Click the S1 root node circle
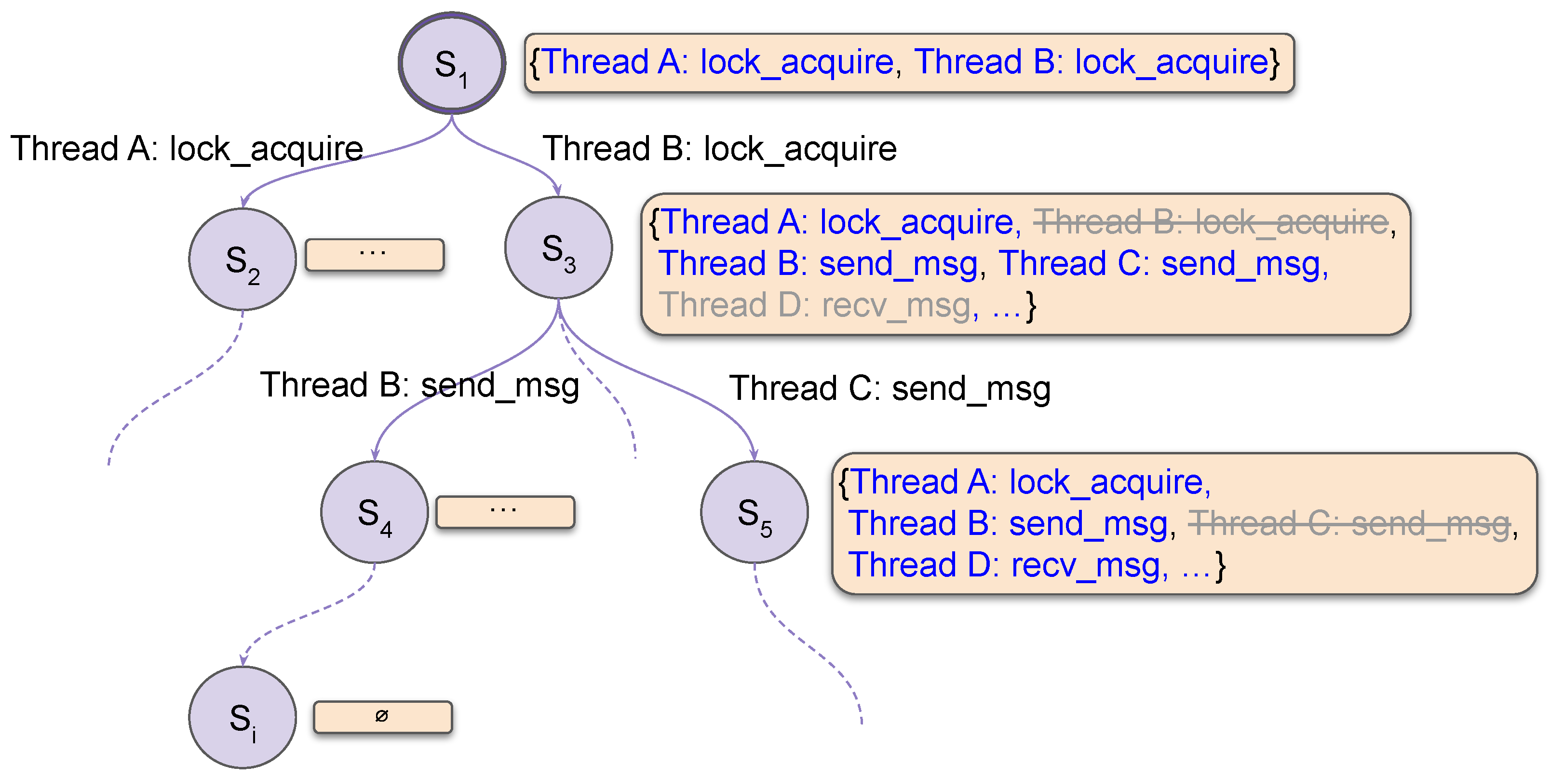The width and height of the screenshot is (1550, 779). (452, 63)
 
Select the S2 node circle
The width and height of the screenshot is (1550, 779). (243, 260)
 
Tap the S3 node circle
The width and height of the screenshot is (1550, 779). (558, 247)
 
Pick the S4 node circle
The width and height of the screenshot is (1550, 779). (374, 512)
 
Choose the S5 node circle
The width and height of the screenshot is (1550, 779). (755, 512)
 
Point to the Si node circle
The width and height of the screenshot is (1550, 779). (243, 717)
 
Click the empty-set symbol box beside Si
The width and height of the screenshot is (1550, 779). (383, 716)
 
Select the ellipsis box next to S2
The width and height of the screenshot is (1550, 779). (374, 255)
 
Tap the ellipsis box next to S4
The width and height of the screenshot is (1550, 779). (505, 512)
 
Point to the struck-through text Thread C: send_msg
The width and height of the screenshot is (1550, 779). (1349, 523)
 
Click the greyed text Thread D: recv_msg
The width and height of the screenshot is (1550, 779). (818, 305)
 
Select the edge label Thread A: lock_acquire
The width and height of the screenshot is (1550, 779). (187, 149)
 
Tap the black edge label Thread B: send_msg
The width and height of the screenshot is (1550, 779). (419, 385)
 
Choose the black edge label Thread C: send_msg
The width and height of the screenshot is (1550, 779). (890, 388)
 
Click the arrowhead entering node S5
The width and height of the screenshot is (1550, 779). (754, 455)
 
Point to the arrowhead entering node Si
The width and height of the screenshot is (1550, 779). (243, 660)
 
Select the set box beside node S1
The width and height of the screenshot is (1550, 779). (909, 63)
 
